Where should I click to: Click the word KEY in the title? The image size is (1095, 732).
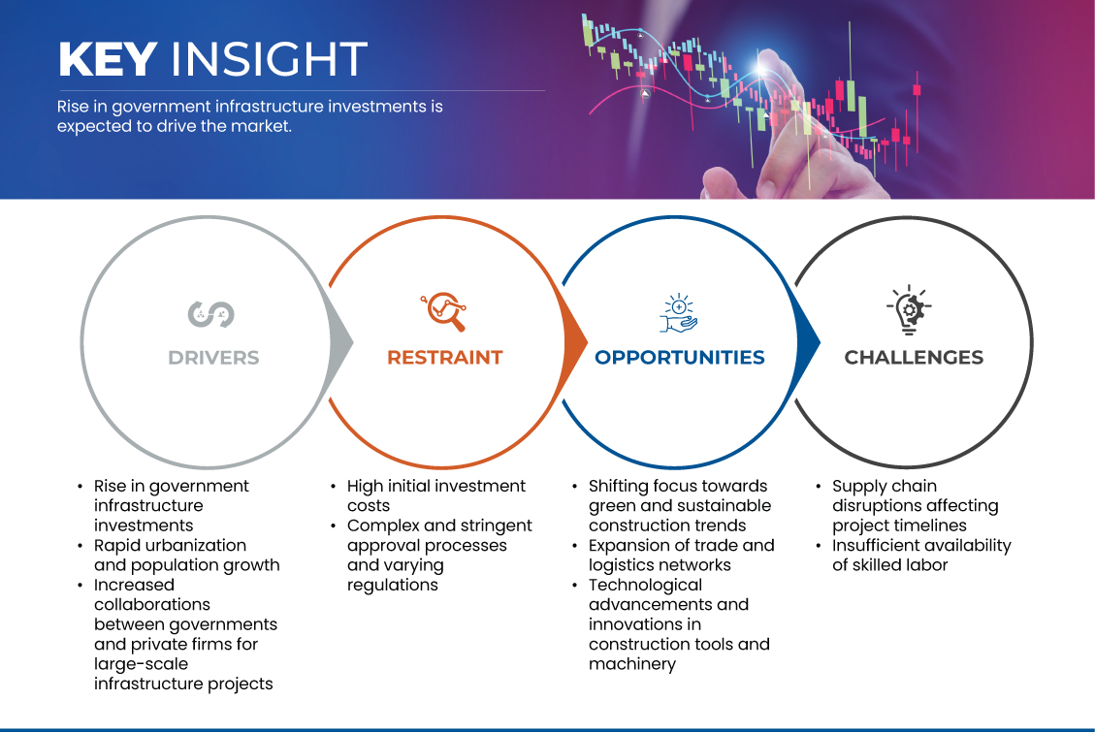(107, 58)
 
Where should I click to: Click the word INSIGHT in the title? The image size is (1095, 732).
(269, 58)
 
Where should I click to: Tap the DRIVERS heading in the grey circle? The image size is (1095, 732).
(213, 358)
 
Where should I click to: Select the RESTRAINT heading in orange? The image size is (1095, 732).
(445, 358)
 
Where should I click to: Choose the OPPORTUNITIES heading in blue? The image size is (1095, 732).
(680, 358)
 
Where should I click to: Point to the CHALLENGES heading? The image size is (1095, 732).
(914, 358)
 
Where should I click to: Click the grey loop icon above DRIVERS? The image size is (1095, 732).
(210, 314)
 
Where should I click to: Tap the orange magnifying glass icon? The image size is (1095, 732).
(443, 311)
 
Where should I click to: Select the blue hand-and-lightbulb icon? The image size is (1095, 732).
(679, 313)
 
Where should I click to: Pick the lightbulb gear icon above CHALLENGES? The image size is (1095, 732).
(909, 310)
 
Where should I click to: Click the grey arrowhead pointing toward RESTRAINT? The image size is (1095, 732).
(340, 342)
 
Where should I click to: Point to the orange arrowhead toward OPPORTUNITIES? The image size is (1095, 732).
(575, 342)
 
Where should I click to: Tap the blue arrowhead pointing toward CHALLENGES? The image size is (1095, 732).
(808, 342)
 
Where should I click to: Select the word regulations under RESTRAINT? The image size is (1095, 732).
(393, 586)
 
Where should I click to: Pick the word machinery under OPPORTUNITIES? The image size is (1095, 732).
(632, 664)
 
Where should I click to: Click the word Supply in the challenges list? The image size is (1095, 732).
(857, 487)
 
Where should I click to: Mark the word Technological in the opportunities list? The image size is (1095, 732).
(645, 585)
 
